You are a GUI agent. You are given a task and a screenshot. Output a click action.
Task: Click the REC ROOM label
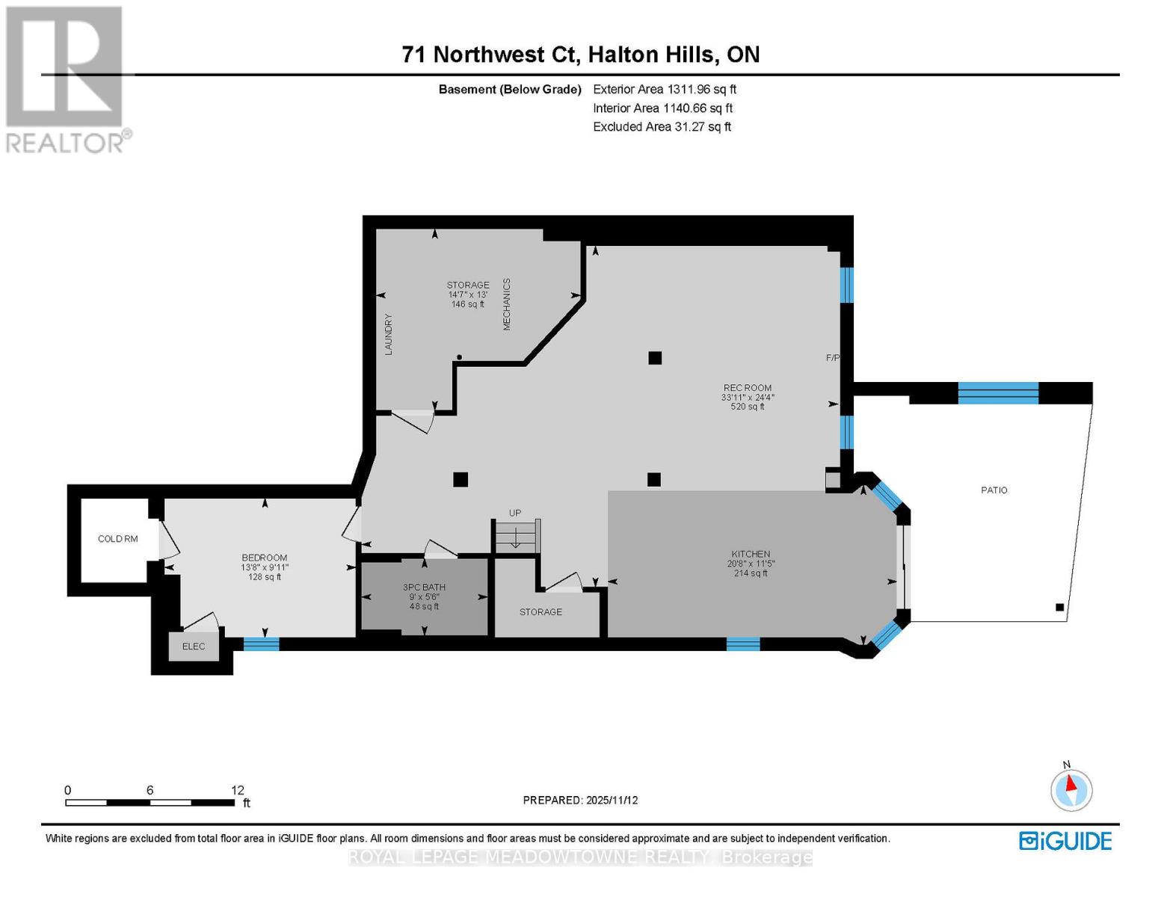click(x=747, y=388)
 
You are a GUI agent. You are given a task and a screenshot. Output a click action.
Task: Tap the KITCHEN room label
click(x=751, y=554)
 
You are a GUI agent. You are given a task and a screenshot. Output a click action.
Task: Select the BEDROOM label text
click(x=264, y=558)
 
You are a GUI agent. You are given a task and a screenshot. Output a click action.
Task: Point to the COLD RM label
click(x=118, y=539)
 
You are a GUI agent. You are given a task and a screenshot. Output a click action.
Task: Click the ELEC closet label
click(x=194, y=647)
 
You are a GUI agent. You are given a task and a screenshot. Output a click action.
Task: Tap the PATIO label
click(x=994, y=490)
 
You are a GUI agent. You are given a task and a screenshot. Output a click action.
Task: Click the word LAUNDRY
click(x=388, y=334)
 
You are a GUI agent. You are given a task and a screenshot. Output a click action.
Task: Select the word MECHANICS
click(x=506, y=304)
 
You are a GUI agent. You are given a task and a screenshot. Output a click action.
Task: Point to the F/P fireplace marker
click(x=832, y=358)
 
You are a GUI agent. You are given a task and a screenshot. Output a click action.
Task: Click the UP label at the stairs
click(x=514, y=513)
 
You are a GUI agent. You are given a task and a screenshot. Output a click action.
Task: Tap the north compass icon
click(x=1071, y=789)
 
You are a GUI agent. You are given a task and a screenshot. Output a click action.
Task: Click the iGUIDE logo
click(x=1065, y=841)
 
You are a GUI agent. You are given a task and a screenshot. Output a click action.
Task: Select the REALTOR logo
click(x=66, y=79)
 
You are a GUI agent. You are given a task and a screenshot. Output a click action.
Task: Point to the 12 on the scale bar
click(x=237, y=790)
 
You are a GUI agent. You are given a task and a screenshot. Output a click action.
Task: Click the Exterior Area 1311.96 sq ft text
click(x=664, y=89)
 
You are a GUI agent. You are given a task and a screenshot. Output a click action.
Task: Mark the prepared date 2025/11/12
click(x=612, y=800)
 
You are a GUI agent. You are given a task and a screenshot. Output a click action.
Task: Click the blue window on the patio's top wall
click(x=998, y=392)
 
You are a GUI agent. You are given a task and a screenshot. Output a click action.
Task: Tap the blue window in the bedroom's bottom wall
click(x=261, y=644)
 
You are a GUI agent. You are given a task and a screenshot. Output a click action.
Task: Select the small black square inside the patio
click(x=1059, y=608)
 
